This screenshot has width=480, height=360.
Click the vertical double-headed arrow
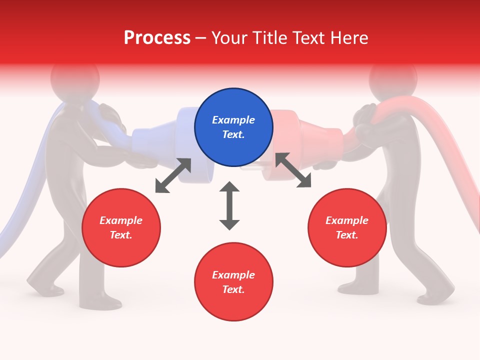pyautogui.click(x=229, y=205)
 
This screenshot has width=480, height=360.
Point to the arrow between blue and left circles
pyautogui.click(x=173, y=175)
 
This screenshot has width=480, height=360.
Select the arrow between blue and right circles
pyautogui.click(x=293, y=170)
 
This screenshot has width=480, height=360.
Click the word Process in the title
pyautogui.click(x=157, y=37)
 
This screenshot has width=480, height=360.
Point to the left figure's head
pyautogui.click(x=75, y=77)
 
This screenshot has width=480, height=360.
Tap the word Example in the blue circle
pyautogui.click(x=233, y=120)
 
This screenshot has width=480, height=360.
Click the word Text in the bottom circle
pyautogui.click(x=233, y=289)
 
